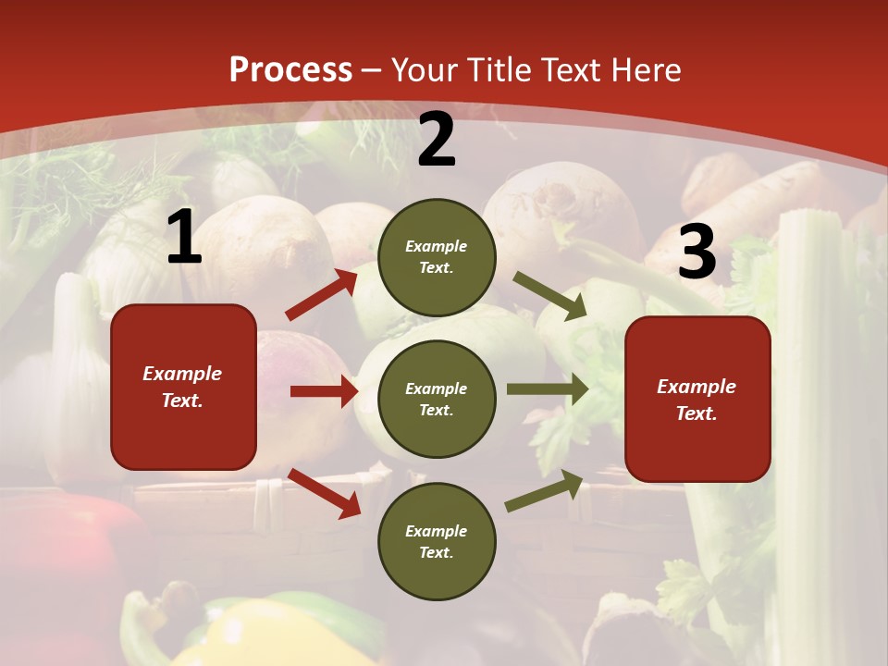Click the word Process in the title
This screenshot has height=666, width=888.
pyautogui.click(x=290, y=70)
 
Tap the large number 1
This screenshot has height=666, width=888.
pyautogui.click(x=184, y=238)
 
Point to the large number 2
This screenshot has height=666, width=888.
pyautogui.click(x=437, y=140)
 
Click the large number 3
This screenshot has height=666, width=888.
pyautogui.click(x=697, y=252)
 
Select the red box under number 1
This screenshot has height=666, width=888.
pyautogui.click(x=183, y=387)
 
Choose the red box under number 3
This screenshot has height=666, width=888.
pyautogui.click(x=697, y=400)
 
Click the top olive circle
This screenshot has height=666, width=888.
pyautogui.click(x=437, y=257)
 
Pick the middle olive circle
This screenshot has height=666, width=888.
pyautogui.click(x=437, y=399)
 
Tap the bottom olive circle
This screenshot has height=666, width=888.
pyautogui.click(x=437, y=541)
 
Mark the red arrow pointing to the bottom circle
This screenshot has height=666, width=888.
pyautogui.click(x=324, y=492)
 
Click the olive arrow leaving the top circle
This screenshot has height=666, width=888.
pyautogui.click(x=550, y=296)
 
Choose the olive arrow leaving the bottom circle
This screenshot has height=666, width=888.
pyautogui.click(x=545, y=491)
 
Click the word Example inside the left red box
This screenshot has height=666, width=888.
pyautogui.click(x=182, y=374)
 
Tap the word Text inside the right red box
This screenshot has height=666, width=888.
pyautogui.click(x=696, y=413)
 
